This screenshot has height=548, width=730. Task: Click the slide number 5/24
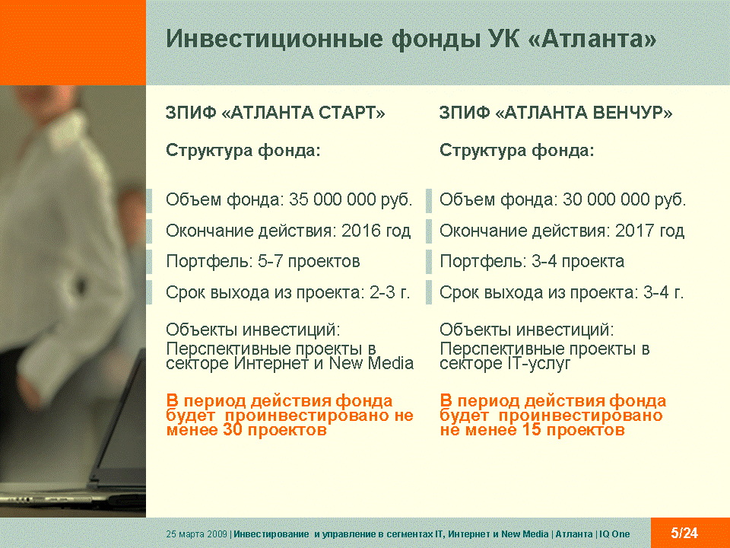(x=684, y=533)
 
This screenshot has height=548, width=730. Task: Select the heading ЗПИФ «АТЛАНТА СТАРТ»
(x=275, y=113)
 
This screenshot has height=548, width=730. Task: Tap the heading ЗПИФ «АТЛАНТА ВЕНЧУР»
(x=556, y=113)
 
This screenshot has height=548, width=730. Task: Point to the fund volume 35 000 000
(x=332, y=199)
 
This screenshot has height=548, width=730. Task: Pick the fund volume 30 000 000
(x=606, y=199)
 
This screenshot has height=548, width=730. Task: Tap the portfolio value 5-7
(x=270, y=261)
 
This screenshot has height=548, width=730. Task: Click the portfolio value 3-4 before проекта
(x=544, y=261)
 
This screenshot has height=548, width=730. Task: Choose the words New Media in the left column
(x=372, y=363)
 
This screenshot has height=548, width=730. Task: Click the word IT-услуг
(x=538, y=364)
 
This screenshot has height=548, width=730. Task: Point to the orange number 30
(x=233, y=429)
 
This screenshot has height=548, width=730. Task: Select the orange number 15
(x=532, y=429)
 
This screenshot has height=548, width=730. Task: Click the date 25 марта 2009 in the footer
(x=196, y=534)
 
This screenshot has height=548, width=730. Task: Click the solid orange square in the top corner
(x=73, y=43)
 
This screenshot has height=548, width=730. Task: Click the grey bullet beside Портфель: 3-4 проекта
(x=429, y=261)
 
